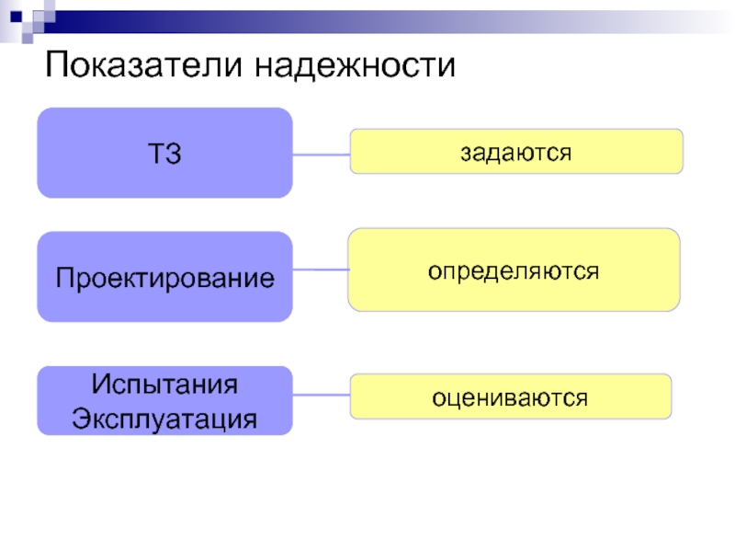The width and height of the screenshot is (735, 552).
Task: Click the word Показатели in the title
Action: (143, 64)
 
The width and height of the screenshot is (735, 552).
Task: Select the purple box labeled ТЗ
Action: (164, 153)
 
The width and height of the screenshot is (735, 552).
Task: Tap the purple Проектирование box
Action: (164, 277)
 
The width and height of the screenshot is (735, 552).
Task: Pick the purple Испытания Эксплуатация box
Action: (164, 400)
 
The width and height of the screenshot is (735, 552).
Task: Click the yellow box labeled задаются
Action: (516, 151)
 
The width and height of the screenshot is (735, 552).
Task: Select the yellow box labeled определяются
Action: (514, 270)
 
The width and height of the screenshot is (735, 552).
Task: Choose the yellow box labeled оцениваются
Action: (511, 397)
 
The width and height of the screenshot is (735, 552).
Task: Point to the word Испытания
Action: (164, 385)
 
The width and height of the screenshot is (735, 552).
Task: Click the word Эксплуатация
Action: (164, 419)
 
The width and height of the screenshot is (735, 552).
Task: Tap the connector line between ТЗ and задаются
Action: (321, 155)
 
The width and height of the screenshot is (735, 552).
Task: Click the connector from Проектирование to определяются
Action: (321, 270)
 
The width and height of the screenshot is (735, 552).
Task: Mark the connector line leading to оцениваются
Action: (321, 395)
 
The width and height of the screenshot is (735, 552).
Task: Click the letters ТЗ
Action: (164, 154)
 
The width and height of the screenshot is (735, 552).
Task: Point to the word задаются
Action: (515, 153)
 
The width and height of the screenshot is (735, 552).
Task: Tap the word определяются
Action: (514, 271)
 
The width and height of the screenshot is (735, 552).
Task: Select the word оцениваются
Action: (510, 398)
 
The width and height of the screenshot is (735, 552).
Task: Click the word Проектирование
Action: (165, 279)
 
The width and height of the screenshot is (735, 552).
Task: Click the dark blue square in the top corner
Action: (16, 17)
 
